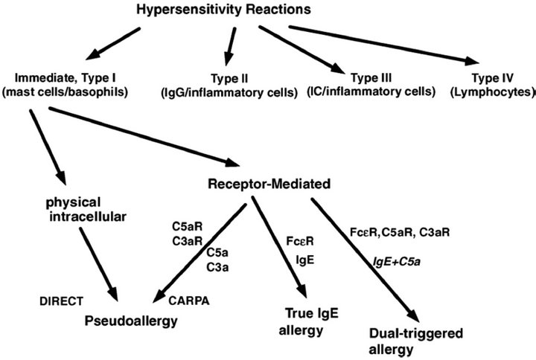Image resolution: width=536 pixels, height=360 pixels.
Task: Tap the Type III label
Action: [370, 77]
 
